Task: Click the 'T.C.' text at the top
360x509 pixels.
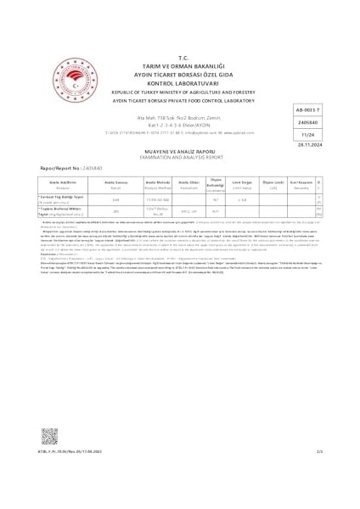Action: (181, 53)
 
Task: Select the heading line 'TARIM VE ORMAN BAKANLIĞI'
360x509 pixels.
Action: (181, 60)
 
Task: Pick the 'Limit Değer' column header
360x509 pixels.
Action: (249, 183)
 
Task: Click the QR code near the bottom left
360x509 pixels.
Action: (49, 438)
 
